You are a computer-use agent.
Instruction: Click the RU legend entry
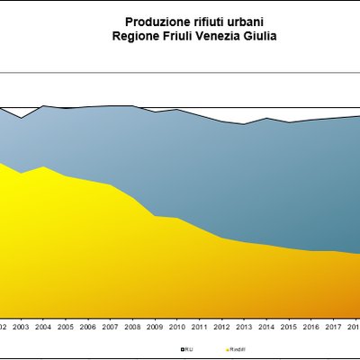click(187, 346)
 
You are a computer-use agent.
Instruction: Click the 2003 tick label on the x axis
click(21, 326)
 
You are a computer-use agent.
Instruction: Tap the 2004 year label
click(42, 326)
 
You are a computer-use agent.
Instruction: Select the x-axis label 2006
click(86, 326)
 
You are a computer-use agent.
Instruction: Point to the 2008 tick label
click(132, 326)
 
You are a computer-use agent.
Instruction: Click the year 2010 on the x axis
click(176, 326)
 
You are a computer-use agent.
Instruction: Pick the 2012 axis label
click(220, 326)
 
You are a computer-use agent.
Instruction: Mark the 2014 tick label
click(265, 326)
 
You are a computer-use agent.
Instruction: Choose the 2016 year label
click(310, 326)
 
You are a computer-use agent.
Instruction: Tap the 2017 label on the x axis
click(332, 326)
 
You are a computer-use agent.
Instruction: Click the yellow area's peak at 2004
click(42, 166)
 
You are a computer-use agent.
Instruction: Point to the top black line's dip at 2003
click(21, 118)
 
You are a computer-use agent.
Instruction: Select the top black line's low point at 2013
click(244, 124)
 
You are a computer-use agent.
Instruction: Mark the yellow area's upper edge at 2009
click(155, 216)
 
